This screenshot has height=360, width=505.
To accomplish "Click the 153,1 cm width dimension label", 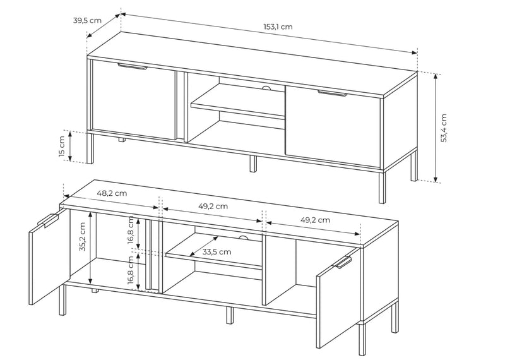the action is (x=278, y=27).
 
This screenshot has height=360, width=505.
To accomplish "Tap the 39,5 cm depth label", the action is (x=87, y=20).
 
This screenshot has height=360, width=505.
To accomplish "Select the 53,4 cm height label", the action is (x=444, y=128).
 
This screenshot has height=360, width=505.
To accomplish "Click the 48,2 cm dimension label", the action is (x=112, y=193).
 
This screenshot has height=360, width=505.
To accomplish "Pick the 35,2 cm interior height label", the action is (x=82, y=237).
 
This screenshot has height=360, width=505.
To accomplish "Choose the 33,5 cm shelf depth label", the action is (x=217, y=252).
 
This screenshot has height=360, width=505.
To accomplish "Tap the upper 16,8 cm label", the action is (x=131, y=230).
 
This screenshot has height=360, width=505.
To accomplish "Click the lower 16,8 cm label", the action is (x=131, y=270).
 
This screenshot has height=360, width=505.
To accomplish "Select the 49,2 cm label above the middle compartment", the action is (x=213, y=206).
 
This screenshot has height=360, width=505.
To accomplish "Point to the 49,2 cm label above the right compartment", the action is (x=315, y=220).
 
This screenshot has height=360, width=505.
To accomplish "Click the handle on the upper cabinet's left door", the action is (x=133, y=66).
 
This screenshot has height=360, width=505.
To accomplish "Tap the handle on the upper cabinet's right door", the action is (x=332, y=93).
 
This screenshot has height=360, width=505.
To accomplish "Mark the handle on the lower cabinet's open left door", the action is (x=48, y=220).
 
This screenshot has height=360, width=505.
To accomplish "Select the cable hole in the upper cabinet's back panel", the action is (x=266, y=88).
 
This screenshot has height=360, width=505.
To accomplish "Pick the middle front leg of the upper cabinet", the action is (x=254, y=164).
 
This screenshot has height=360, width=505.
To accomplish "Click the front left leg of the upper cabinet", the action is (x=90, y=148).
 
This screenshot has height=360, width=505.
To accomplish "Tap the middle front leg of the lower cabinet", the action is (x=229, y=315).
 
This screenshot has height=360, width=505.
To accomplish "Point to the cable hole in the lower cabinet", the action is (x=243, y=237).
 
